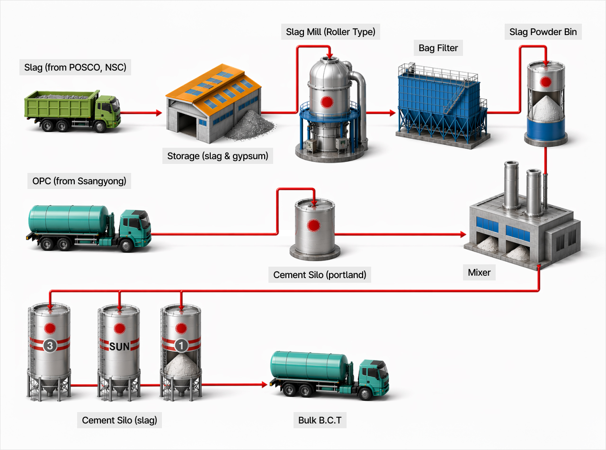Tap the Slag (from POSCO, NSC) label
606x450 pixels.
click(75, 67)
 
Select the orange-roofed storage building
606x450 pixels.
click(213, 107)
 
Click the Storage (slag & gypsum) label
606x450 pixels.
click(217, 156)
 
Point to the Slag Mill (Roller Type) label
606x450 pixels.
click(330, 32)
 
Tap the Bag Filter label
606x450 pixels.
click(438, 48)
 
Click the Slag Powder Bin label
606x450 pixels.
click(543, 32)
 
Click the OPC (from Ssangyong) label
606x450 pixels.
click(79, 181)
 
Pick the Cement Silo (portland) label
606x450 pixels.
click(320, 274)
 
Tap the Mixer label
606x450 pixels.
click(479, 272)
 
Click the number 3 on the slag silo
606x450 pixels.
click(50, 346)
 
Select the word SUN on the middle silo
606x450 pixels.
click(119, 346)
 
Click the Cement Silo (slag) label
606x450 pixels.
click(119, 420)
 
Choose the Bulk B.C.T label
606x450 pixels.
click(320, 420)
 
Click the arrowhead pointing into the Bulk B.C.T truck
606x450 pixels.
click(264, 385)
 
